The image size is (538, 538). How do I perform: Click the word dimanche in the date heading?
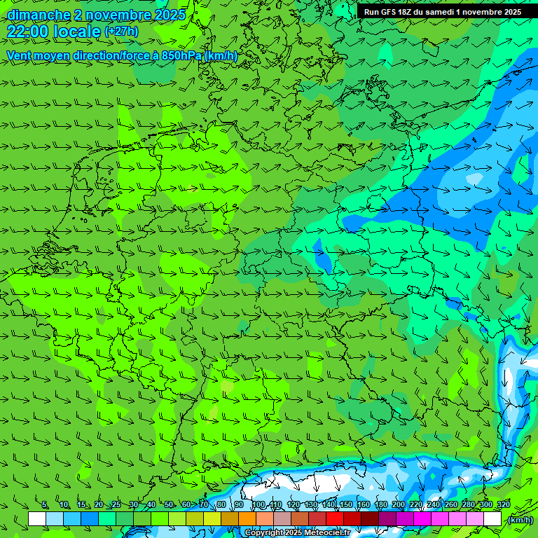tap(38, 15)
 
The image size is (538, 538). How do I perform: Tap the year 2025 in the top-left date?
tap(165, 15)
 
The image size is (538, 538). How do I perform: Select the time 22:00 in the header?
tap(29, 32)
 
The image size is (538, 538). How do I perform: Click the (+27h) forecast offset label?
tap(121, 32)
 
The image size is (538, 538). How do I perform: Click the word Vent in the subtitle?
tap(20, 55)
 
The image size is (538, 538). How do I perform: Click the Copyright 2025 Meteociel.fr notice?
tap(298, 533)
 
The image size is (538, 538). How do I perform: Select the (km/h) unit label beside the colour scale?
tap(519, 519)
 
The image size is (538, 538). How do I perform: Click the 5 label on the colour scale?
tap(45, 505)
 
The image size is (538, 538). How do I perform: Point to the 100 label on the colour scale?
tap(258, 505)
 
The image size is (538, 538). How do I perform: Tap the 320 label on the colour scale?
tap(504, 505)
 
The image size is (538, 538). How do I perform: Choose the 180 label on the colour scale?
tap(381, 505)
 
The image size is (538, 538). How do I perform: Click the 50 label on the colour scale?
tap(169, 505)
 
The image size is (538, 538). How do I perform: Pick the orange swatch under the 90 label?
tap(247, 519)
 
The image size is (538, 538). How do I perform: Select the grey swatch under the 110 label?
tap(282, 519)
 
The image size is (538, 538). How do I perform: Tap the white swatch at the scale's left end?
tap(37, 519)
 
